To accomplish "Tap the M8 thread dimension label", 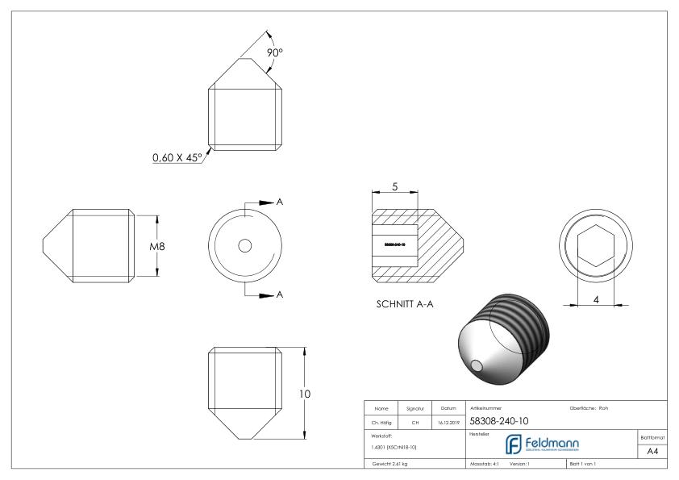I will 158,246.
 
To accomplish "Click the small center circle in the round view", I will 245,245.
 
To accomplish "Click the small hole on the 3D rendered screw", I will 480,365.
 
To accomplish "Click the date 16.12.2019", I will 447,420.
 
